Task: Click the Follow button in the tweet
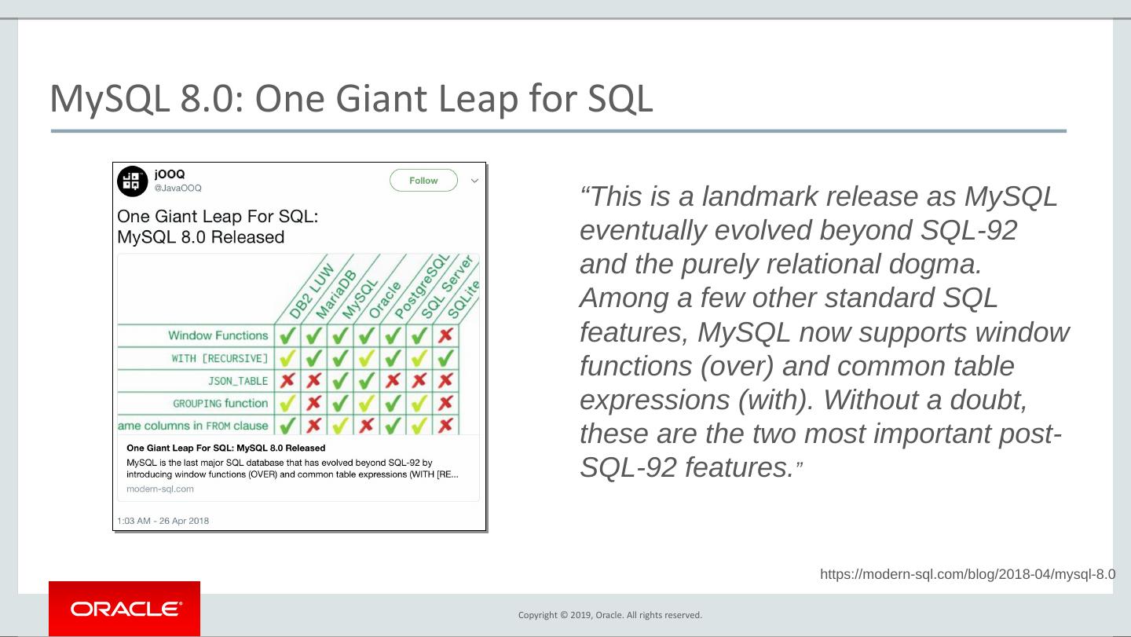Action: (x=423, y=180)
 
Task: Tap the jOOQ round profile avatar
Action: (x=132, y=181)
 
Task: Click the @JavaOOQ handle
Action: (x=178, y=188)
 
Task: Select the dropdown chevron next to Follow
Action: (x=474, y=181)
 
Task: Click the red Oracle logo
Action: (x=124, y=609)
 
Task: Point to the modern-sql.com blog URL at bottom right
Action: (x=968, y=574)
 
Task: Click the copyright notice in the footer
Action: (x=610, y=615)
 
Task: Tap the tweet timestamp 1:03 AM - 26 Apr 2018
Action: (x=163, y=521)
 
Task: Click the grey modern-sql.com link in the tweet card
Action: (x=160, y=489)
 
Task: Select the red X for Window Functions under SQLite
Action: (x=445, y=335)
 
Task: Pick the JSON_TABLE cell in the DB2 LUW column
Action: (x=287, y=381)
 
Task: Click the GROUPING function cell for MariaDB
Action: (x=314, y=403)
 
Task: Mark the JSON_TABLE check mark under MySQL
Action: (x=340, y=381)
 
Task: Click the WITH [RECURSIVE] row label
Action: (x=220, y=358)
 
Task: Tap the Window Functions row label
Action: (x=218, y=335)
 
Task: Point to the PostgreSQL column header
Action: (x=422, y=287)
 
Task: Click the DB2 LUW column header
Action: (x=312, y=291)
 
